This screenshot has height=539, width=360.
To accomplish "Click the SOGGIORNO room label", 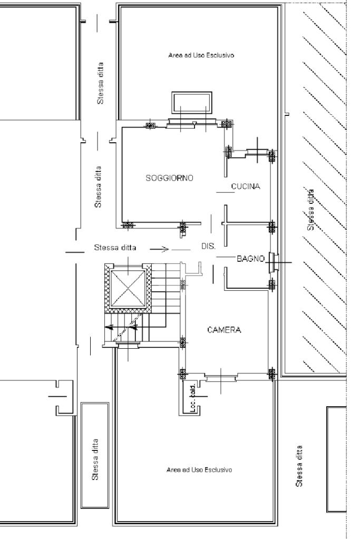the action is point(170,178).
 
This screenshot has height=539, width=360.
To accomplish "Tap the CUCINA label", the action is point(246,187).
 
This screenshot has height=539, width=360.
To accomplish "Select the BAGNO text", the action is point(251,259).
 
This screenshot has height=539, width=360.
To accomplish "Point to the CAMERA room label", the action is point(224,330).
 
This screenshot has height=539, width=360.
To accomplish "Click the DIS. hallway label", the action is point(208,246).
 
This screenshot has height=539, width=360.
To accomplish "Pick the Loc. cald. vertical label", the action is point(193,398).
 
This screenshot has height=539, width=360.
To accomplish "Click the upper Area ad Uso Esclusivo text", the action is point(201,55).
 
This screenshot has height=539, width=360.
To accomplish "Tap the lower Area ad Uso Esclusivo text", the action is point(199,469).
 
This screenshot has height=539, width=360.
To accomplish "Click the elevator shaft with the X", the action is point(128,288).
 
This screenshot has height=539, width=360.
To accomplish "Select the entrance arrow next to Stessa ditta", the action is point(159,249).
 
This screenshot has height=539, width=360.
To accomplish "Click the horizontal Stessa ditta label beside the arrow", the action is point(115,248).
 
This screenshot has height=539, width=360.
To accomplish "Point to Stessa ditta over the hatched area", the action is point(311,210).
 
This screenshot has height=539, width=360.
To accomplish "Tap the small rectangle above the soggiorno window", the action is point(191,102).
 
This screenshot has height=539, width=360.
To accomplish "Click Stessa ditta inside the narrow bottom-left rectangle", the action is point(95,459).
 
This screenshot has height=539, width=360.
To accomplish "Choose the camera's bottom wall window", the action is point(221,377).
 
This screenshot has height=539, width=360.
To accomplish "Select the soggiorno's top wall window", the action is point(192,122).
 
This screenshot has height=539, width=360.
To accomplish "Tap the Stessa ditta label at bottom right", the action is point(299,466).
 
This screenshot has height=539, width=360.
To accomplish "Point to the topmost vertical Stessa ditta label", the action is point(100,83).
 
